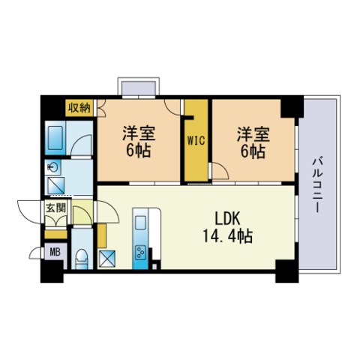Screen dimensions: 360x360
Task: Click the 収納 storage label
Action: [x=79, y=107]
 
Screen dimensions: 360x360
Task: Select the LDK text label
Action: [x=228, y=220]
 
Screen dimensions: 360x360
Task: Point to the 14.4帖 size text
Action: [x=226, y=237]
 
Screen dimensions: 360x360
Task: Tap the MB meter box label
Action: [x=54, y=253]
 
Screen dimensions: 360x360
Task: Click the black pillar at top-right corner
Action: [x=289, y=106]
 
